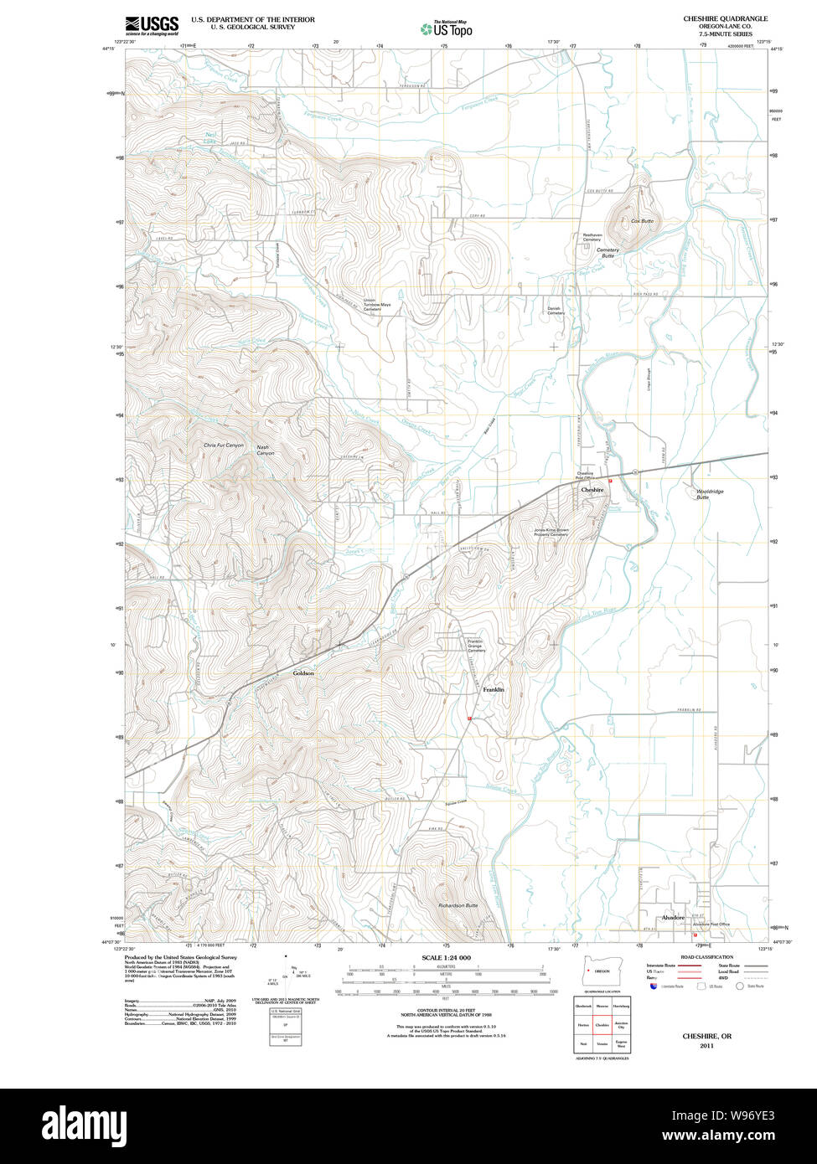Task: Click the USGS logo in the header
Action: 152,26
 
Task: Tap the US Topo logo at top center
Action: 447,28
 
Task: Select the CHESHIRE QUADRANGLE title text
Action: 725,18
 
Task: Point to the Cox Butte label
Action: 642,221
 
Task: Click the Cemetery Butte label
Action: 608,252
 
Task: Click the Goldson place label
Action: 303,673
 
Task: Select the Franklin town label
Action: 494,689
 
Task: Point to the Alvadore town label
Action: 673,918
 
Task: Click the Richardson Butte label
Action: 458,906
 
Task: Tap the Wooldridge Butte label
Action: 710,494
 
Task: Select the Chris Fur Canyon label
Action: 223,446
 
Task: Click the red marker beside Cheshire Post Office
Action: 611,481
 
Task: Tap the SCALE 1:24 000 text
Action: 447,957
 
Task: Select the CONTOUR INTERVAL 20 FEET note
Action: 446,1012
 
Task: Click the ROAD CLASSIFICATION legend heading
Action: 706,957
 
